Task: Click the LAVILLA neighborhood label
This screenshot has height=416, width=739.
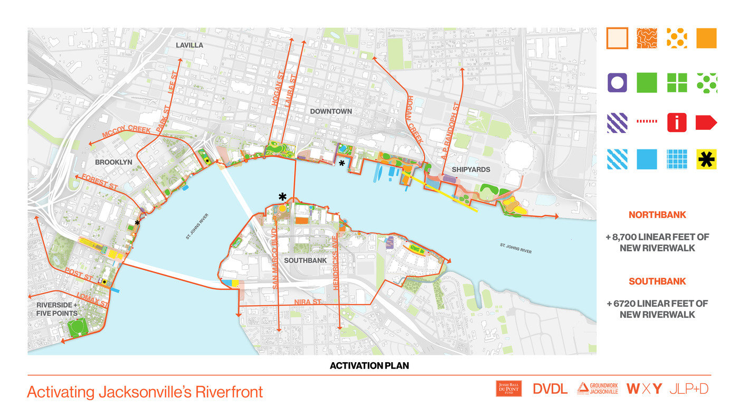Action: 190,45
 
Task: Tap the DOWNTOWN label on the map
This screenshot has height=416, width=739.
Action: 331,111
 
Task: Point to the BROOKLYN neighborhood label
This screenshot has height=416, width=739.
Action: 113,162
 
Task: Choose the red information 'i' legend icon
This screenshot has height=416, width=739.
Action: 677,122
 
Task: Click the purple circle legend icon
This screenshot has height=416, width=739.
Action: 617,83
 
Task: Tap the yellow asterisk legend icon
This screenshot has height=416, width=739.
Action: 706,159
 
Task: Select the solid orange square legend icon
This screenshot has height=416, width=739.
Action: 706,39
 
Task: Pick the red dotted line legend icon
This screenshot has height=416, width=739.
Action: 647,122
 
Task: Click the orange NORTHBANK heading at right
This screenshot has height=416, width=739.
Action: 657,215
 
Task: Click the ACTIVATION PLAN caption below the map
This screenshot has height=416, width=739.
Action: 369,365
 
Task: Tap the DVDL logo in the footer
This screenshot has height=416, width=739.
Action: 550,389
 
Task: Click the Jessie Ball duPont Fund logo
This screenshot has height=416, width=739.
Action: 508,389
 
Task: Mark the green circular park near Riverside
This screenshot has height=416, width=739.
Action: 78,328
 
